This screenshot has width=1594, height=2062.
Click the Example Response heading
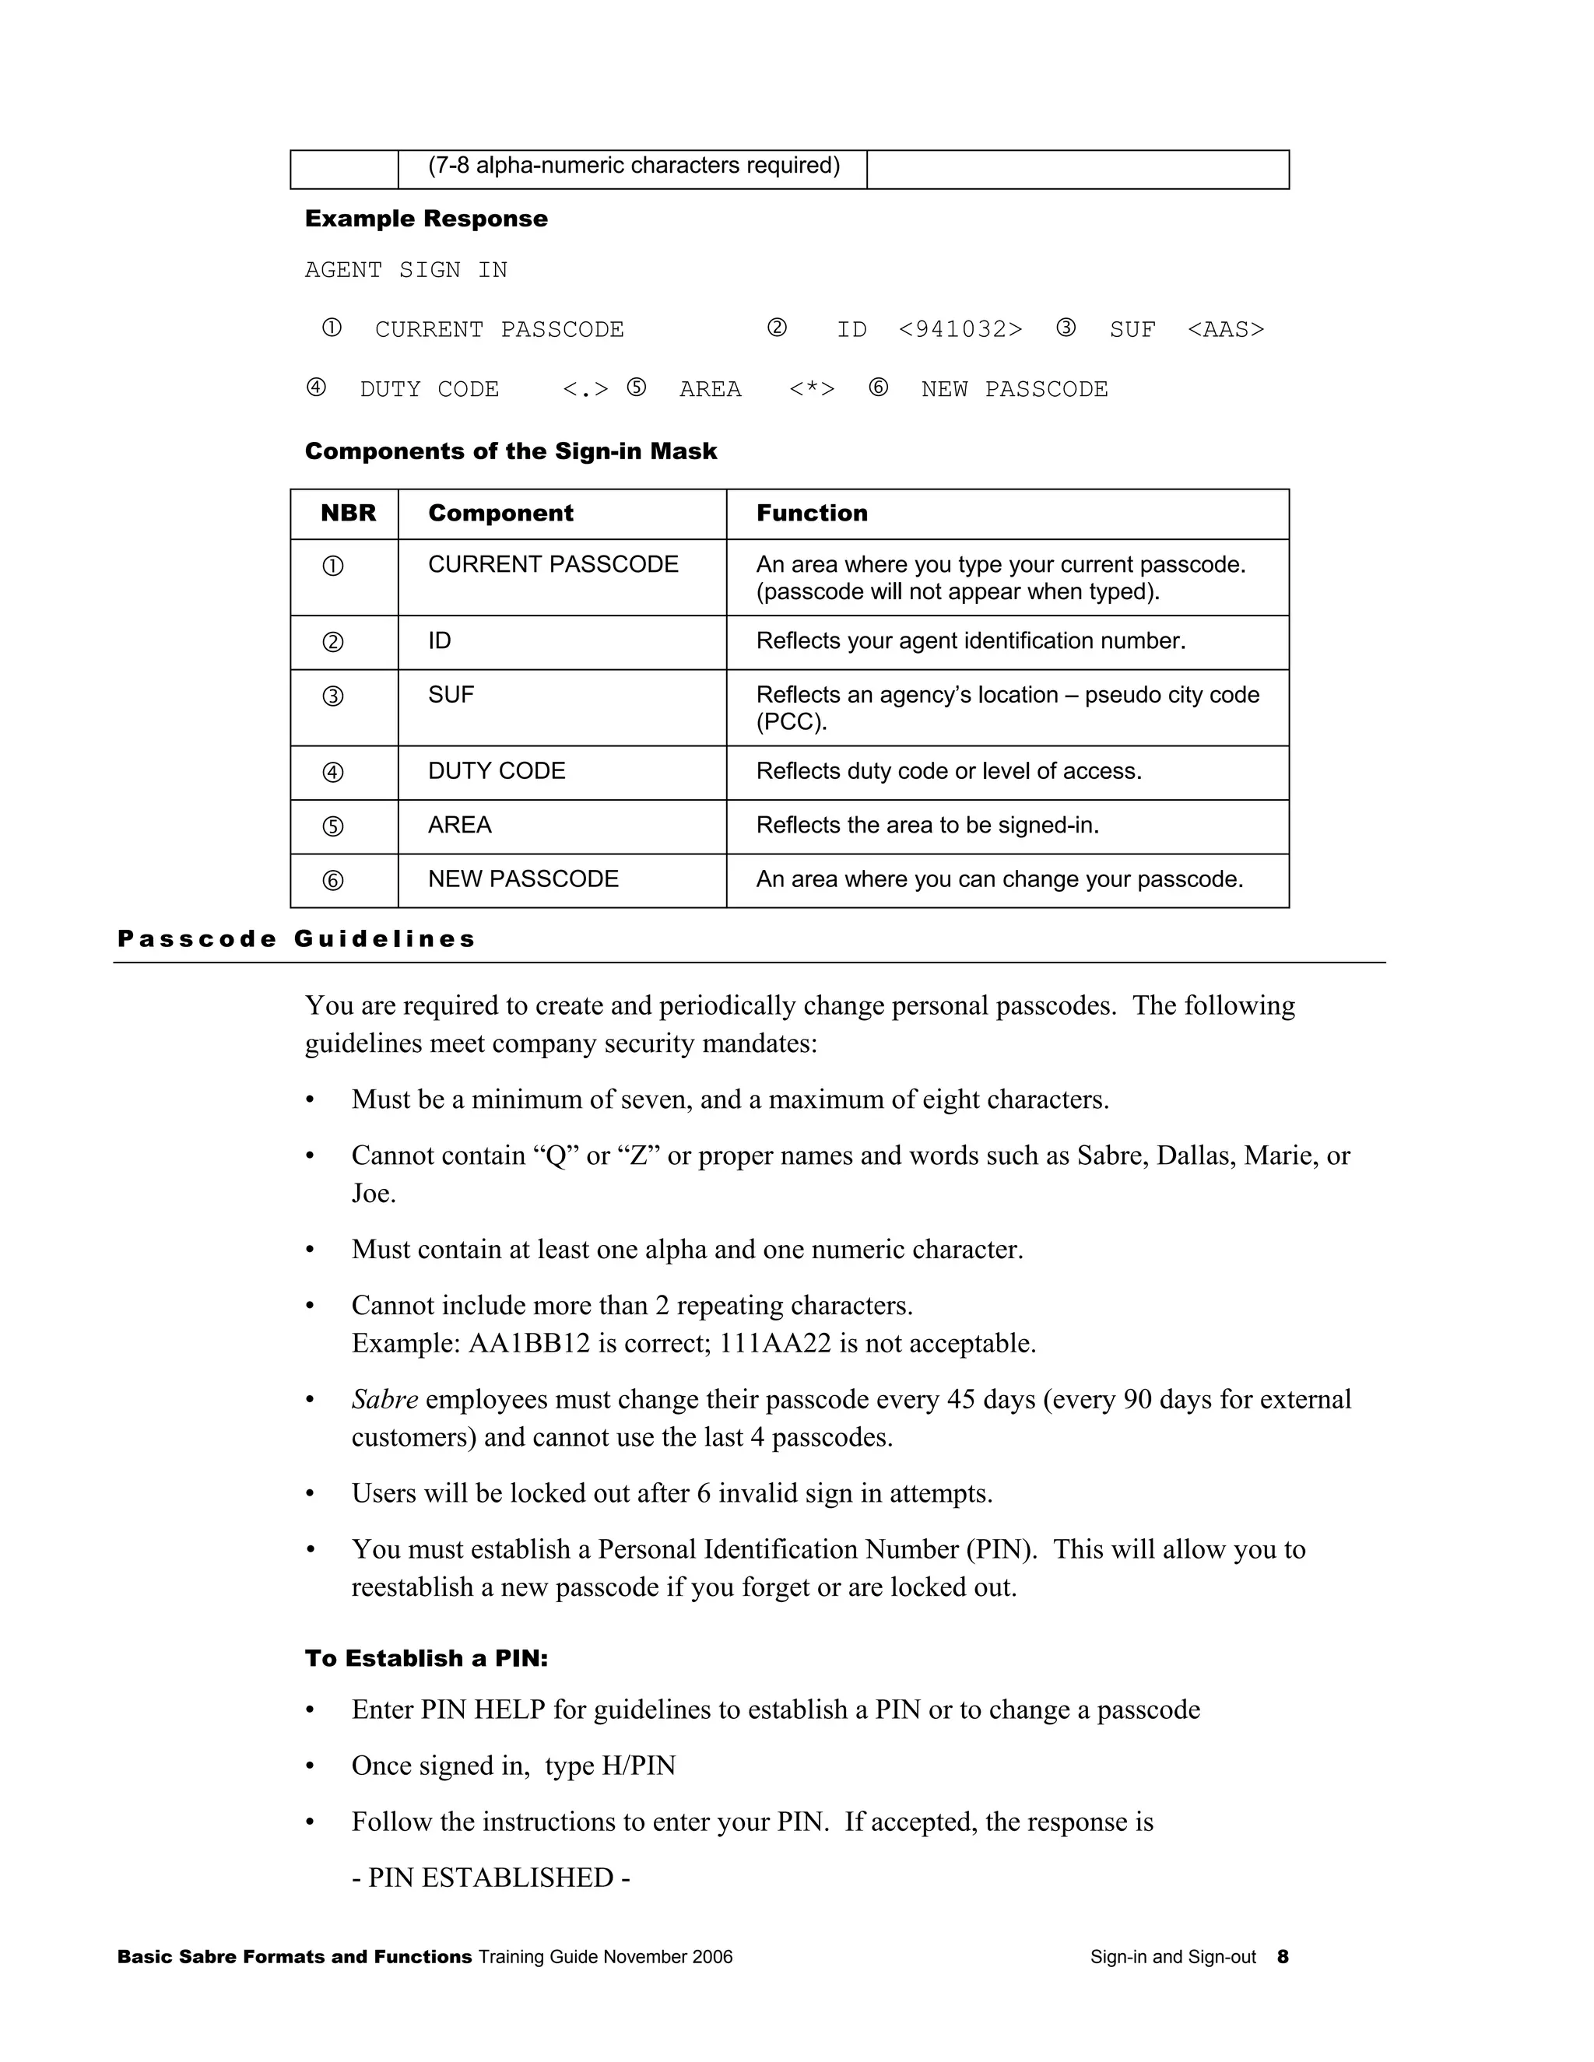426,219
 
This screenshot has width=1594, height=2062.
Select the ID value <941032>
960,329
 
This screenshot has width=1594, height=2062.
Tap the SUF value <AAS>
1225,329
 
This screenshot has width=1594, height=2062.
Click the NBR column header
347,514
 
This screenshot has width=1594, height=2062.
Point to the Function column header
811,514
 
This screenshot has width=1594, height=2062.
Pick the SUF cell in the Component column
451,695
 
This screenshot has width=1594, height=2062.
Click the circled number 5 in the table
332,827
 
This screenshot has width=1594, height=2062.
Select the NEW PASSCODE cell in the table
523,879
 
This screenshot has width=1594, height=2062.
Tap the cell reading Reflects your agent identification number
970,641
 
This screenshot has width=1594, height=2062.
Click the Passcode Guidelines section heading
297,938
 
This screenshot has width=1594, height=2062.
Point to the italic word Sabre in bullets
384,1399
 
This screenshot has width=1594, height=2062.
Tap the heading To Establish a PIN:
426,1659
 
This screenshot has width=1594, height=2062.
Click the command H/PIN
638,1766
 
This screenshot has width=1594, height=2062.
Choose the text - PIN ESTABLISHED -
490,1878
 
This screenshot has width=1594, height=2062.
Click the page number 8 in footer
1283,1957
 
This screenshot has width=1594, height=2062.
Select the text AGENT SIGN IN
406,270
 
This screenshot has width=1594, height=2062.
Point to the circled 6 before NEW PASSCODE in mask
878,388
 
